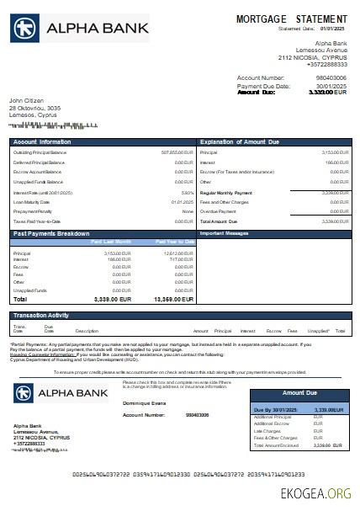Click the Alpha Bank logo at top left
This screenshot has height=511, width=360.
[x=80, y=29]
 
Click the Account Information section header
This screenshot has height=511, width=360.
[x=42, y=141]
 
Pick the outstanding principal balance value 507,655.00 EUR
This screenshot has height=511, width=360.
[x=177, y=152]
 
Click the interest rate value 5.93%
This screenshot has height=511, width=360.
[x=188, y=193]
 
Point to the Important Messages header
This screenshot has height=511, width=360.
[x=224, y=232]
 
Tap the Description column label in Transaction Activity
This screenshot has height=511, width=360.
[x=87, y=331]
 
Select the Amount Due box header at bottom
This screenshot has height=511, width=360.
[x=299, y=393]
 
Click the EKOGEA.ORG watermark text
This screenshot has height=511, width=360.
[x=318, y=492]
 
